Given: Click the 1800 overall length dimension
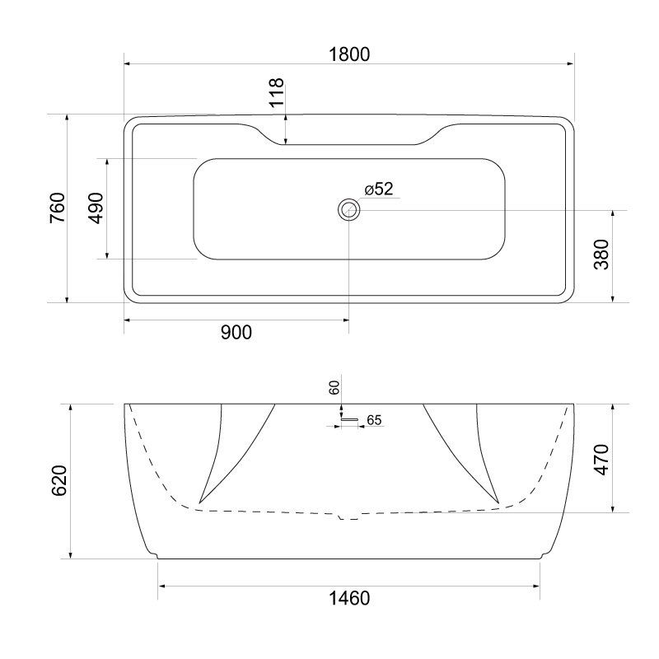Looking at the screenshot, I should (348, 54).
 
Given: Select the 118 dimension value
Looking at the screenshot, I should (276, 94).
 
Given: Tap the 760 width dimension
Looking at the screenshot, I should (57, 208).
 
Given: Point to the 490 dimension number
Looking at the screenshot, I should (96, 208).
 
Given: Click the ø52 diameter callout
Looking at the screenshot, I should (378, 189).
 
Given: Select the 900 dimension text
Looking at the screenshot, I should (235, 332).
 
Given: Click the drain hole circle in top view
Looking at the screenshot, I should (348, 210).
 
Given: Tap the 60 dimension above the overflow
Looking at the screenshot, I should (334, 388).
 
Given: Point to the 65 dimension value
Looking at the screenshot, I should (373, 420).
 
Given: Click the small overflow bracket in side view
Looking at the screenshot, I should (349, 420).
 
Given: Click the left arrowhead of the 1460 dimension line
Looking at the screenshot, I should (161, 586).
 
